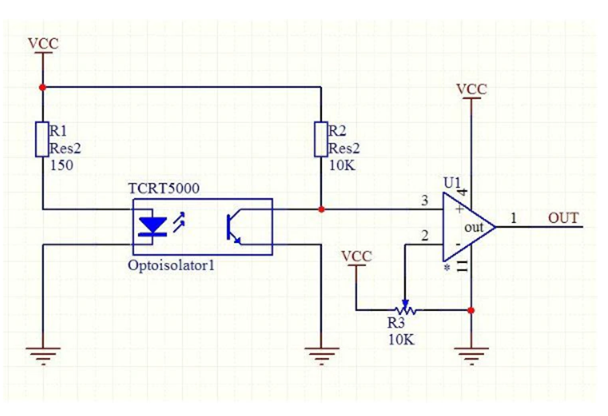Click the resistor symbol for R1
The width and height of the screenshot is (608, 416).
pyautogui.click(x=42, y=139)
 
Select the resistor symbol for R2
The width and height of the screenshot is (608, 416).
pyautogui.click(x=321, y=139)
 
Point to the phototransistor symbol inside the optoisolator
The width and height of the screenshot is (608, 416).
pyautogui.click(x=235, y=226)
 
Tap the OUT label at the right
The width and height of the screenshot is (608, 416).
pyautogui.click(x=562, y=218)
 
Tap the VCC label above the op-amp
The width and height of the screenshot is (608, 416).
pyautogui.click(x=472, y=88)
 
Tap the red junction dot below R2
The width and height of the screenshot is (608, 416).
pyautogui.click(x=321, y=210)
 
